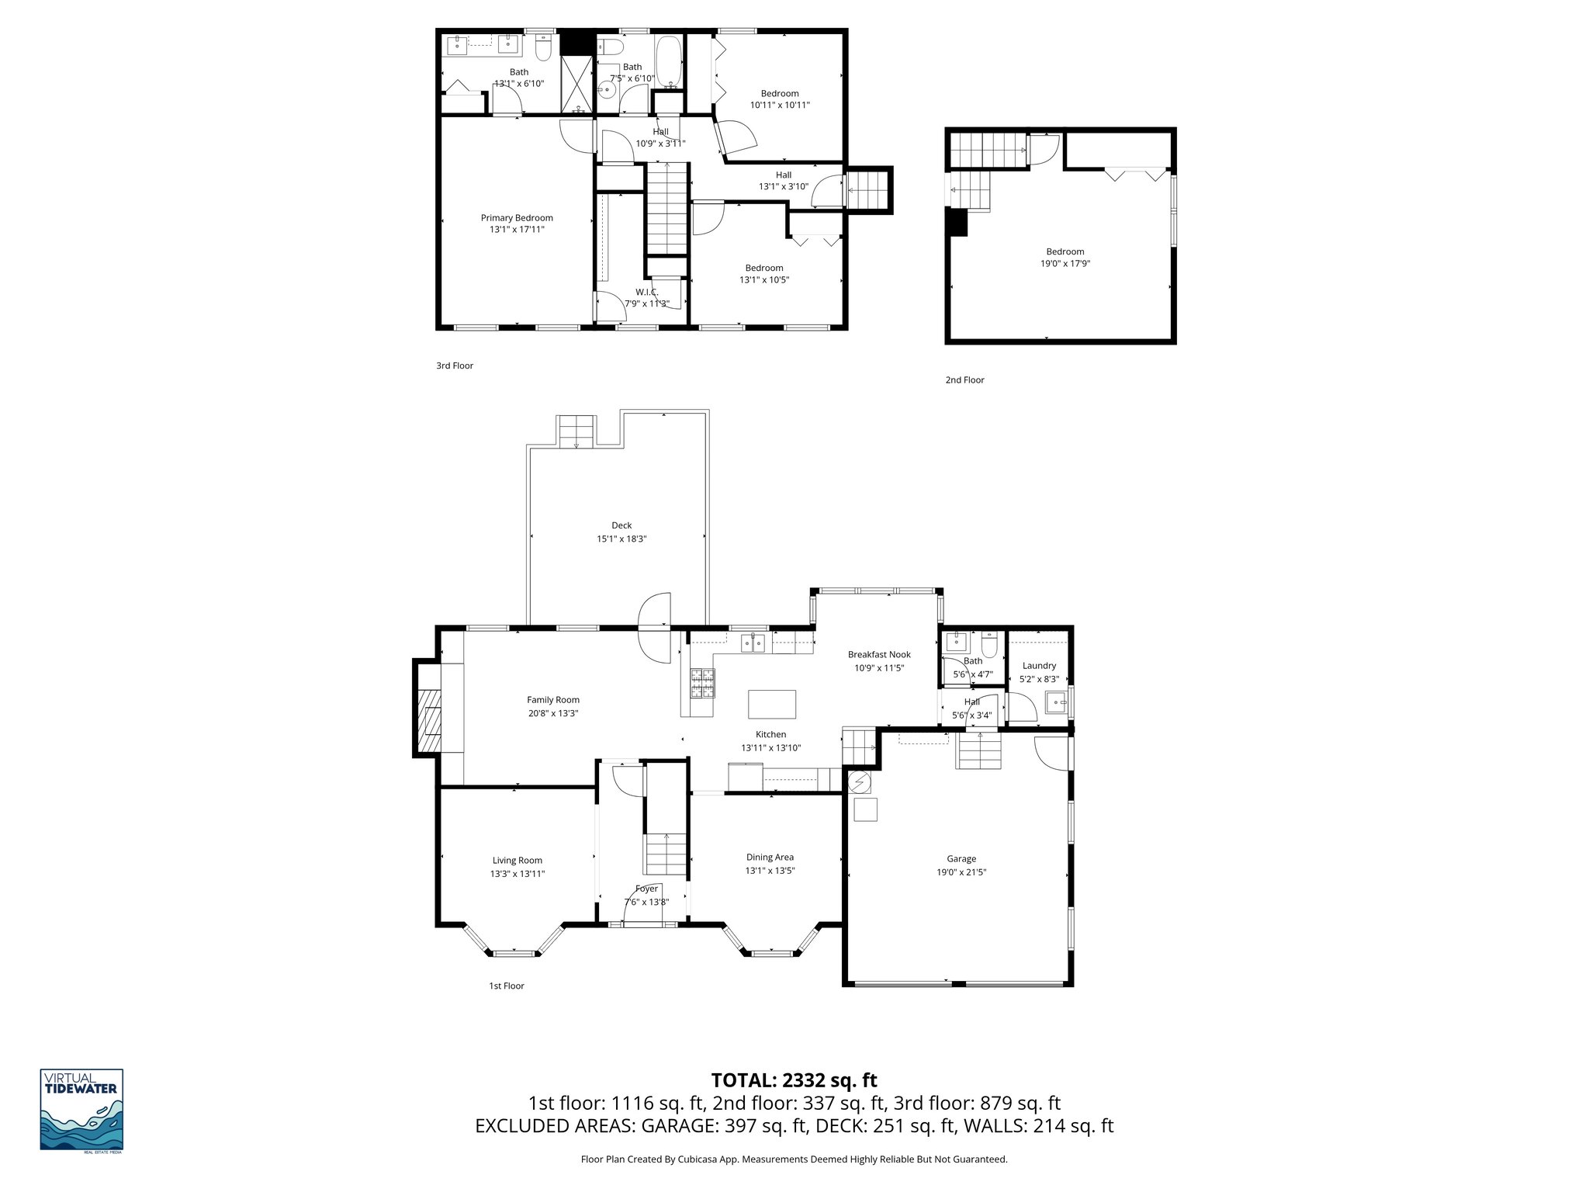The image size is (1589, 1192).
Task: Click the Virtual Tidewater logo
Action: click(x=81, y=1111)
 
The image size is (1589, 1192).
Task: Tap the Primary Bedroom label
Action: click(x=517, y=218)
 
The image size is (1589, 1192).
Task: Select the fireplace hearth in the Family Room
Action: click(x=428, y=721)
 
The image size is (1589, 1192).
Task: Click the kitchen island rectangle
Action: click(x=771, y=705)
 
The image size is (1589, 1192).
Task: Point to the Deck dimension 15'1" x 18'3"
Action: click(x=621, y=539)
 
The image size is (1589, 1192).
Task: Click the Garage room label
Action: click(x=961, y=858)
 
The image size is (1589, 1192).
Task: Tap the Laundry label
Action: click(x=1039, y=666)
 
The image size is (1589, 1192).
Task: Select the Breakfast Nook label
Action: click(x=879, y=655)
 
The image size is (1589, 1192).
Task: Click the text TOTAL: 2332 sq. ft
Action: click(x=794, y=1080)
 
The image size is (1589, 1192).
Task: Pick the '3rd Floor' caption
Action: click(x=455, y=366)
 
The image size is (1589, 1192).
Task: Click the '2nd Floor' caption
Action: click(x=964, y=380)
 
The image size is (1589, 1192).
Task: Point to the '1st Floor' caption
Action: click(x=506, y=986)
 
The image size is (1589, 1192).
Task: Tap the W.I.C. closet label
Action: click(x=646, y=292)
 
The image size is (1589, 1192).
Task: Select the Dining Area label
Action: click(x=770, y=858)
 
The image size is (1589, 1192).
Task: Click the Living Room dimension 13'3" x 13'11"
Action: click(x=518, y=874)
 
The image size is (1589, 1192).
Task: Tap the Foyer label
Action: click(x=646, y=889)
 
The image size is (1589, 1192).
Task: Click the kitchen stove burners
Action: click(x=701, y=683)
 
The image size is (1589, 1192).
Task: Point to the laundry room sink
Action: click(x=1055, y=704)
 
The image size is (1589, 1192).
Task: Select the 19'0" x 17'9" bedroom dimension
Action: click(x=1065, y=264)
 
